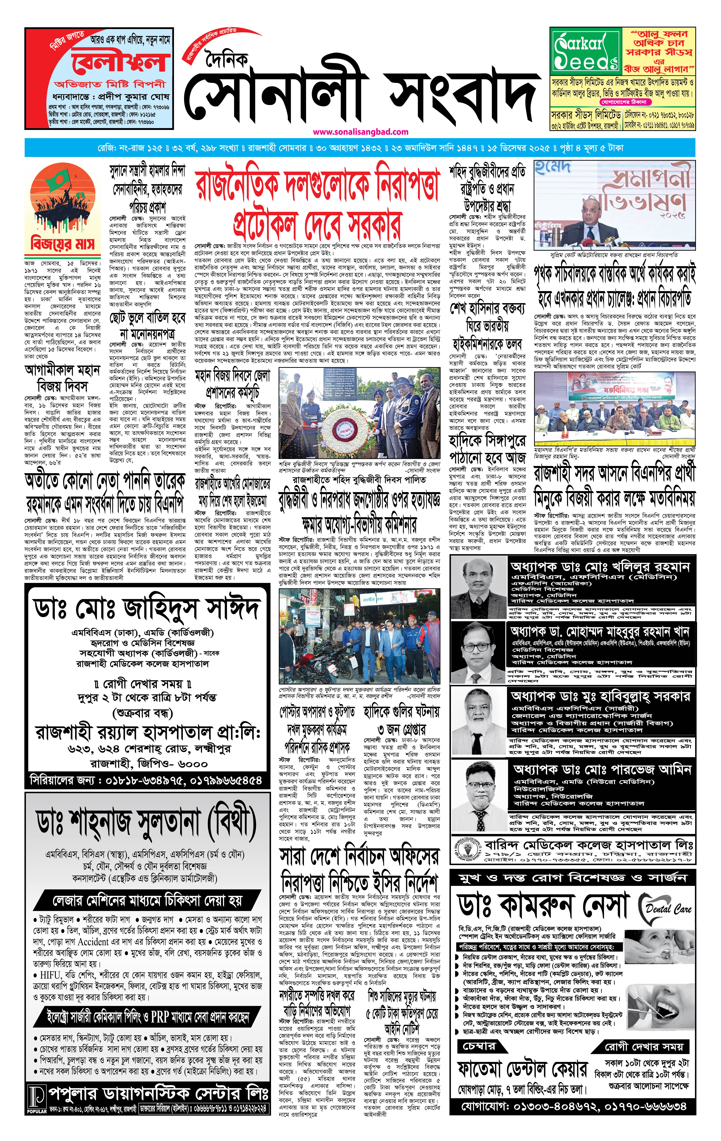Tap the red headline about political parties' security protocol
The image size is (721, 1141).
click(317, 201)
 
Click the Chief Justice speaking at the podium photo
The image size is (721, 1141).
click(615, 206)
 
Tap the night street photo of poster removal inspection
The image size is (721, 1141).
click(359, 636)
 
